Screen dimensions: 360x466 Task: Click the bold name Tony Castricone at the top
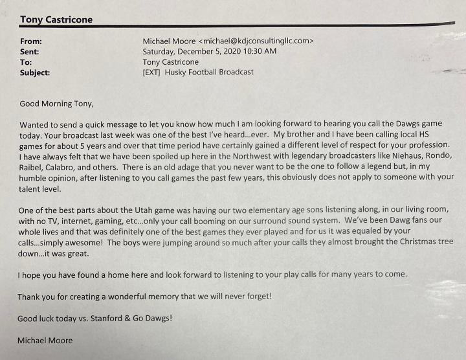tap(56, 19)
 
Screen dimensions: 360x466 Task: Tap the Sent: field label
tap(30, 51)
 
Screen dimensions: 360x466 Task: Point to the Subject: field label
tap(35, 73)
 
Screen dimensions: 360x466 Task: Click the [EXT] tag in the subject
tap(151, 73)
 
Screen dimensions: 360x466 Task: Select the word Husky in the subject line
tap(178, 73)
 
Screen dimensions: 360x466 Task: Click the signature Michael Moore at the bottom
tap(45, 341)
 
